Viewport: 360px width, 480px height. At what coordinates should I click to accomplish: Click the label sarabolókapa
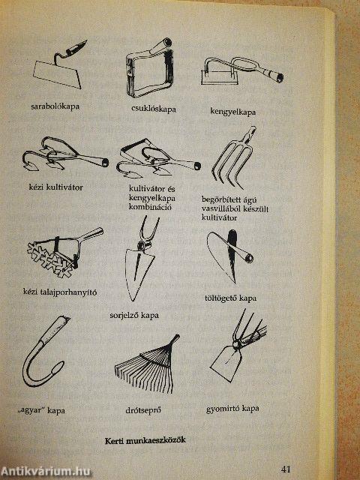55,106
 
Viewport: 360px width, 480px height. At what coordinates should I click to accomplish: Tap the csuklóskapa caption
154,109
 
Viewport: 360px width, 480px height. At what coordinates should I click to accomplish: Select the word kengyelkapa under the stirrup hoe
233,112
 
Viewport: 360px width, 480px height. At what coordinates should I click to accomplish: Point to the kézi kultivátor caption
55,187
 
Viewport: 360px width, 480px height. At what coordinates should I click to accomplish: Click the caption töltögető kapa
230,298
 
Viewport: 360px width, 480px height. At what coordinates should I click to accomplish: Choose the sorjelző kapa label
134,315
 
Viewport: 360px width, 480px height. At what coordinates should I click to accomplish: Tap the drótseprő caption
143,410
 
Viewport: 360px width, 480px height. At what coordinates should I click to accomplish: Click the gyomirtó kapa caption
232,408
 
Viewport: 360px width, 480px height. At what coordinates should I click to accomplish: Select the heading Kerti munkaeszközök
145,440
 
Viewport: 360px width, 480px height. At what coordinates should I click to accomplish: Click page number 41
285,469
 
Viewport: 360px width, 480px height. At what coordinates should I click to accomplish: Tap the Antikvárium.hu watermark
46,472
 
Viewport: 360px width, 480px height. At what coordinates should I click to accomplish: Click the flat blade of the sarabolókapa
57,74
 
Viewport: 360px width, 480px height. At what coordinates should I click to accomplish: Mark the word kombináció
150,207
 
